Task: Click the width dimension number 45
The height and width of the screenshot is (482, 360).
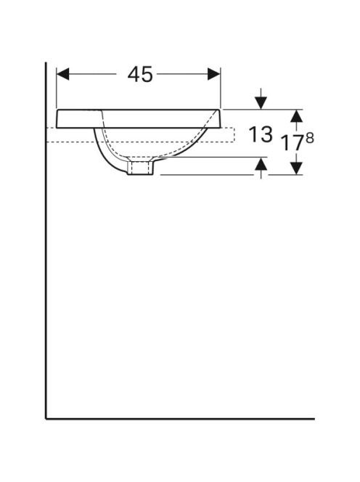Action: [140, 74]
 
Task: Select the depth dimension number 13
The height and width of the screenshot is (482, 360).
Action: [261, 134]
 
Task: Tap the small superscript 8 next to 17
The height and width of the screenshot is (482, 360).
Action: [310, 139]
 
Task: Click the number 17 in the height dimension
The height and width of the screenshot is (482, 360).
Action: [292, 142]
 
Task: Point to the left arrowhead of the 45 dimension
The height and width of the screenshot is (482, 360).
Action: [62, 74]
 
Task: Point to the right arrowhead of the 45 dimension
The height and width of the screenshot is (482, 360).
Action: [214, 74]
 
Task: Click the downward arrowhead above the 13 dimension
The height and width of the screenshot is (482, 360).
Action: [261, 102]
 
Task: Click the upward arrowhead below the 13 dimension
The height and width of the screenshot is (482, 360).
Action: [261, 163]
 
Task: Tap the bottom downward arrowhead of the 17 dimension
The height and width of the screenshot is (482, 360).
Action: [296, 168]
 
